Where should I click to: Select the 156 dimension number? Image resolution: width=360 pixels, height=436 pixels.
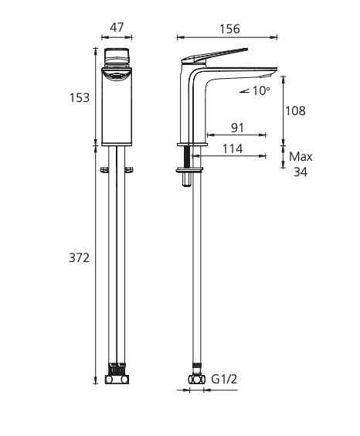(229, 29)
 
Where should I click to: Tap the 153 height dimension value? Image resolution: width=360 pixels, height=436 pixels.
(80, 98)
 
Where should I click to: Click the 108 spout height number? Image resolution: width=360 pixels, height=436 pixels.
(296, 111)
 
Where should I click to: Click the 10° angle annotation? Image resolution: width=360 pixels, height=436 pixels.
(260, 90)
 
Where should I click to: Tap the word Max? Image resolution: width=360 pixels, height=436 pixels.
(301, 157)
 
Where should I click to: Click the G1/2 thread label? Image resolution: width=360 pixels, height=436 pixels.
(225, 380)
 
